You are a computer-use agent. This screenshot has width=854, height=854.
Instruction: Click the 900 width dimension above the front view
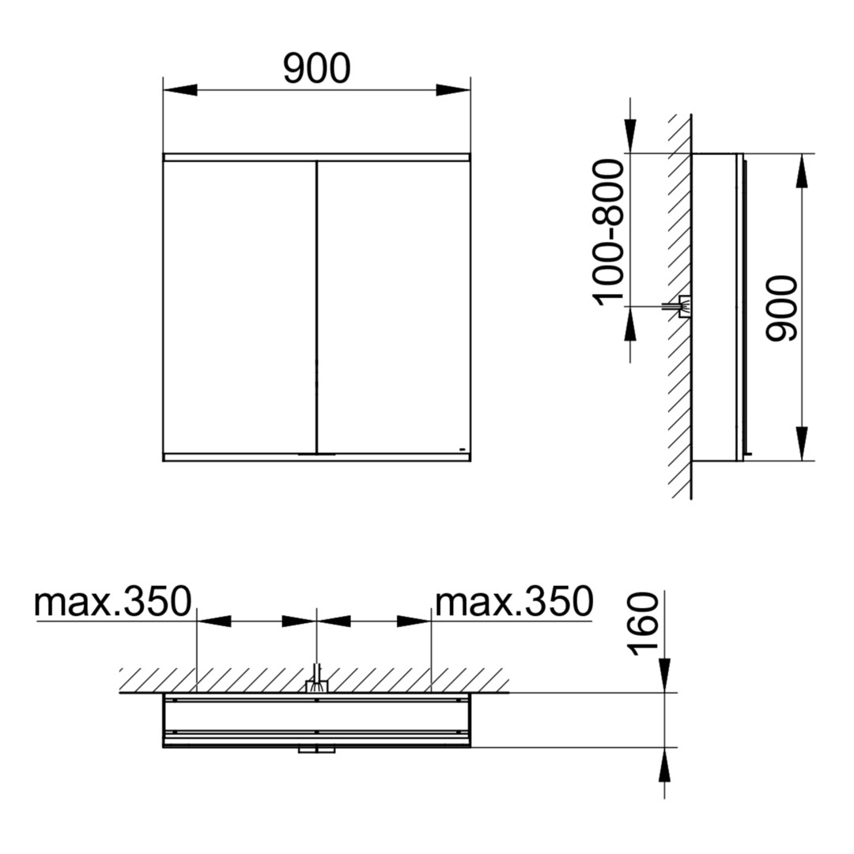tap(317, 69)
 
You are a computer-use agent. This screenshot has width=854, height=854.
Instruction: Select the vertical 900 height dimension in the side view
tap(781, 309)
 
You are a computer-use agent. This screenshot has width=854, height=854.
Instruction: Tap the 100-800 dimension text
tap(608, 232)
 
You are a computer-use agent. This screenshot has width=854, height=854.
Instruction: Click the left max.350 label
tap(113, 602)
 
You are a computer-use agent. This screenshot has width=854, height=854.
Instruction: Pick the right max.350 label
tap(514, 602)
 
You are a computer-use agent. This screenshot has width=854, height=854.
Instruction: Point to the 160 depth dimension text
tap(643, 624)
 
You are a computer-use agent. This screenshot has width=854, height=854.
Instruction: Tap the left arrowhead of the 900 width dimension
tap(180, 90)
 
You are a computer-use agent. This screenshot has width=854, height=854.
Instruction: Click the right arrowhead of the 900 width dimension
tap(452, 90)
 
